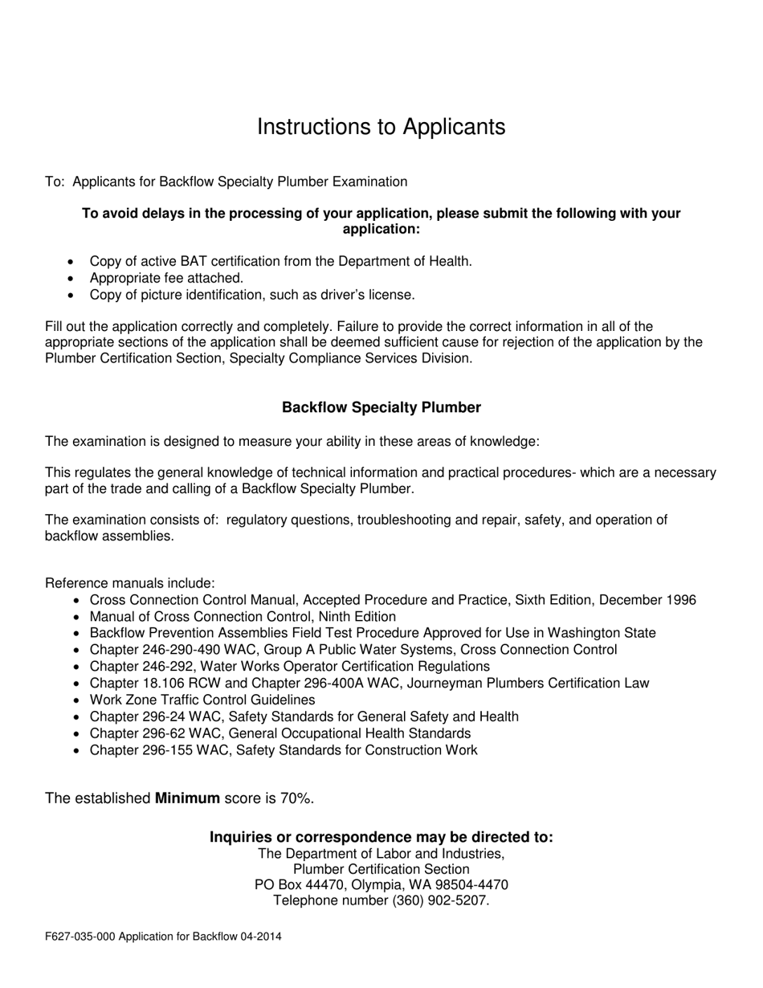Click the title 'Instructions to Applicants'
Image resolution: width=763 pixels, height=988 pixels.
(x=381, y=127)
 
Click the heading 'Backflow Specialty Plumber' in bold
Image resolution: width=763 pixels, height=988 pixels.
(x=381, y=407)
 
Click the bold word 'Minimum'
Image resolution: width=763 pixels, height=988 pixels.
(x=187, y=798)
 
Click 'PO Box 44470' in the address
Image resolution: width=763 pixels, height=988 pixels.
(x=296, y=885)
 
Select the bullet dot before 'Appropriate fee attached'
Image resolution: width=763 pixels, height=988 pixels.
(x=73, y=279)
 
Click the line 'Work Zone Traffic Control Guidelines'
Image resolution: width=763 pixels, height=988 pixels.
(x=202, y=700)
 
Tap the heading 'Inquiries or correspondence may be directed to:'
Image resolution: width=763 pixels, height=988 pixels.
(x=381, y=837)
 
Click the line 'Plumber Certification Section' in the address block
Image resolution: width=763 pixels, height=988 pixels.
(x=381, y=869)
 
